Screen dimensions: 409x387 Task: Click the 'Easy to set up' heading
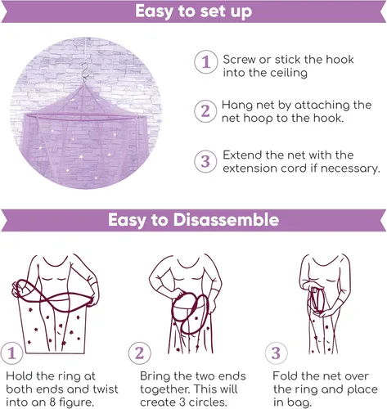193,12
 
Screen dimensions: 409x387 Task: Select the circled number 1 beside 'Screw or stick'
205,61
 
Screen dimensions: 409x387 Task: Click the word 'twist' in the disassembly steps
97,389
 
